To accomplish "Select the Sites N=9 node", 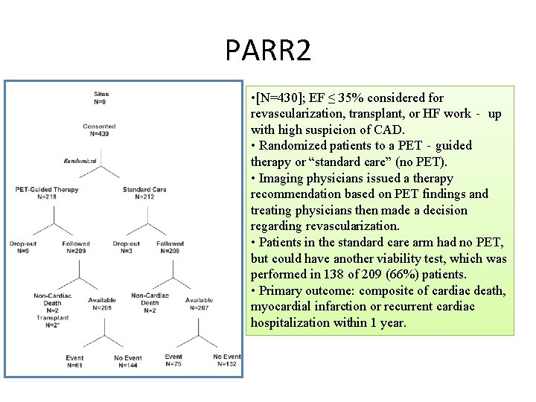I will (101, 98).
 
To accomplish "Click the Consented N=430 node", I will (99, 130).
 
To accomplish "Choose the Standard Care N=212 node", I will (144, 194).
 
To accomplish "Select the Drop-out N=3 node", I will (126, 247).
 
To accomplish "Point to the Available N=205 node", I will (102, 304).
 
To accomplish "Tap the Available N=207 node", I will (199, 304).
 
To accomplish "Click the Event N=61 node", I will (74, 361).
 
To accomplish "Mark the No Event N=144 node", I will (127, 361).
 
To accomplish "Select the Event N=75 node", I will (173, 361).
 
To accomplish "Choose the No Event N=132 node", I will (226, 361).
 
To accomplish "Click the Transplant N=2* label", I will (53, 322).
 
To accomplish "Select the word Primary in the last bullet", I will (281, 290).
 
